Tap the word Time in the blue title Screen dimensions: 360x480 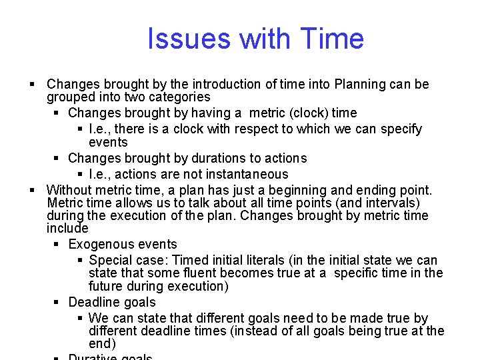(332, 39)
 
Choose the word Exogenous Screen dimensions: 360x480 (100, 244)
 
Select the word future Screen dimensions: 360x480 (107, 286)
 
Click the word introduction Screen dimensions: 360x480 (227, 85)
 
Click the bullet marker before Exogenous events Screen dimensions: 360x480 (58, 244)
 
